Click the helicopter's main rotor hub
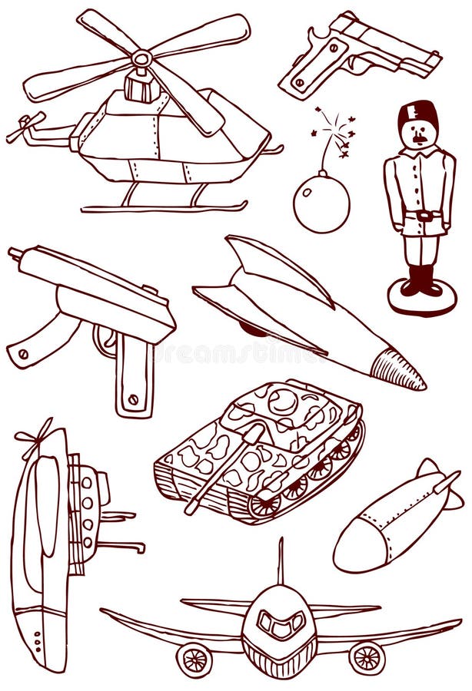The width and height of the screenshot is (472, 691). [141, 58]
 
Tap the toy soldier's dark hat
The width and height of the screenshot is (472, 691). [417, 114]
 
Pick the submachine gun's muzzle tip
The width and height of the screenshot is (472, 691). [15, 253]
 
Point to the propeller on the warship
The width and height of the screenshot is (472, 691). [35, 438]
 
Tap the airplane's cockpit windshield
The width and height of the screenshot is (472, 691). [278, 625]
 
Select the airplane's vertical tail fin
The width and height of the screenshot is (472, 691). [281, 561]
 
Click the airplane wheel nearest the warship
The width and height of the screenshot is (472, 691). [194, 659]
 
